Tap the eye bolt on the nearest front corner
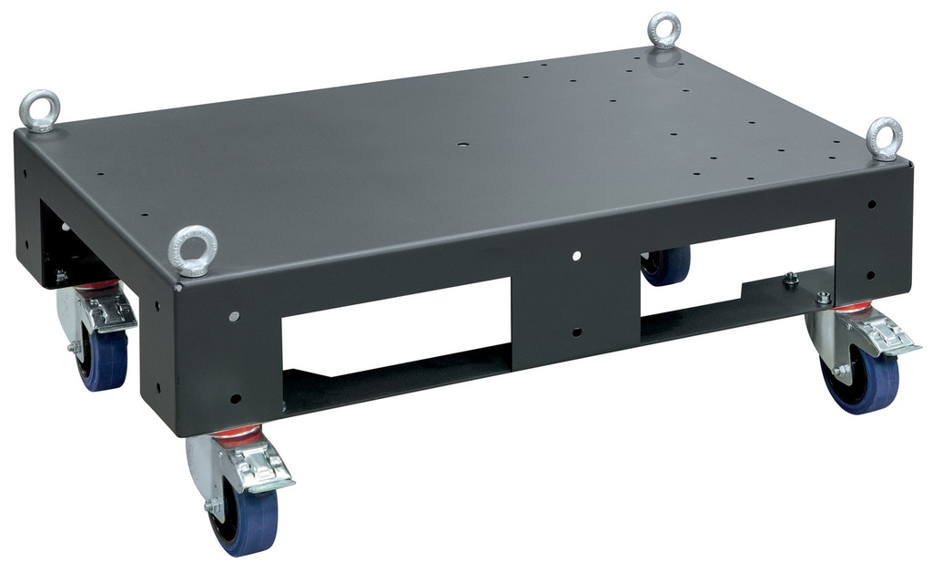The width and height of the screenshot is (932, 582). [x=193, y=249]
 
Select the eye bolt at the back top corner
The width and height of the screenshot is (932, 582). [x=664, y=30]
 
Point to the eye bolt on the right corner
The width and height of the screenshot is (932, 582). [x=884, y=138]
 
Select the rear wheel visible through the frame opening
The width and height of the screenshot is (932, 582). [x=665, y=265]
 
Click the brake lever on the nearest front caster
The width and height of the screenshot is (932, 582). [x=265, y=466]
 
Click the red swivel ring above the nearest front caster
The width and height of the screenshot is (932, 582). [x=236, y=436]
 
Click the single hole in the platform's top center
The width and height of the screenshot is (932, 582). [x=462, y=146]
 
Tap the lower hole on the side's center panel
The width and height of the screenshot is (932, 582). [x=576, y=332]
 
